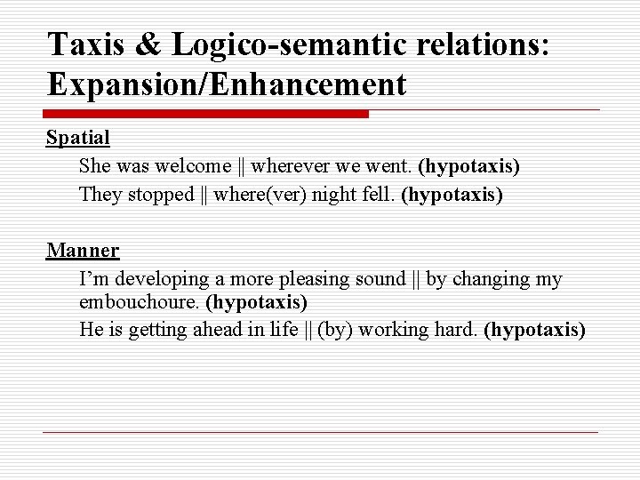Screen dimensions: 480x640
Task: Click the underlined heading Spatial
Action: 78,138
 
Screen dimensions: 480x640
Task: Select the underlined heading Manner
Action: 83,250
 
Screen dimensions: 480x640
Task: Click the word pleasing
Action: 319,278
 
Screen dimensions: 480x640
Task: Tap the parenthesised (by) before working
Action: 333,330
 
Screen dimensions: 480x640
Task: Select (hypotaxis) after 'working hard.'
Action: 534,330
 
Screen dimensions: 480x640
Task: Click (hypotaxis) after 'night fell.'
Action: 452,194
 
